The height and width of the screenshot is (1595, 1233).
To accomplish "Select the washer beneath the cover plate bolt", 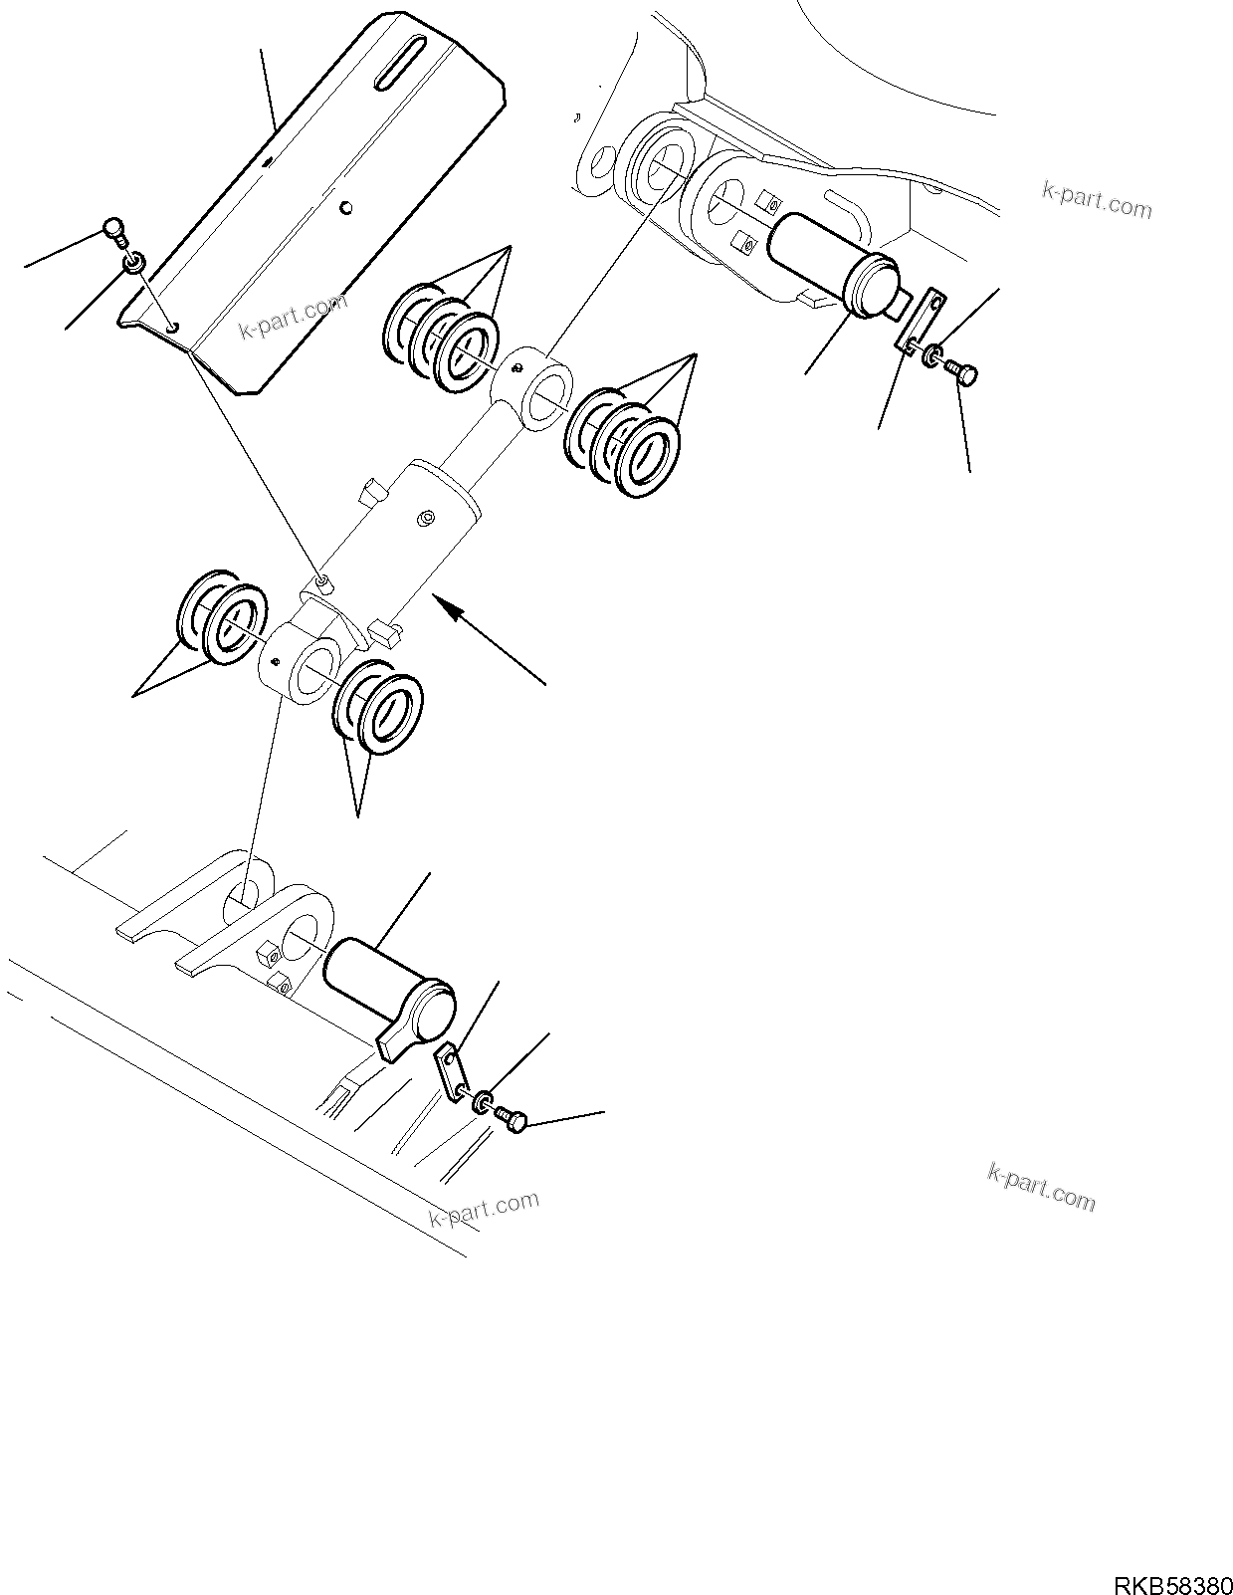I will point(133,264).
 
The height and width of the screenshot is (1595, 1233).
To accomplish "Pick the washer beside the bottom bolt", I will point(483,1102).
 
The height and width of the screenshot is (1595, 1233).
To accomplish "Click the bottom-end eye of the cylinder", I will point(310,661).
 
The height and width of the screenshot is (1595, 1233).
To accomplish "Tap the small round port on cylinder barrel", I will point(426,518).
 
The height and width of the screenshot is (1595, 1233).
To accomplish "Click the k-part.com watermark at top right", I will point(1096,199).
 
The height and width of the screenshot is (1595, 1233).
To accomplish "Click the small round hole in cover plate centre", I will point(344,207).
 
